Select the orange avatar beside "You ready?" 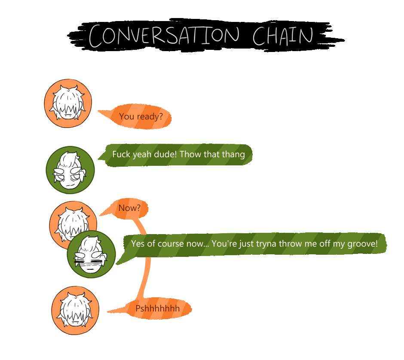coord(68,104)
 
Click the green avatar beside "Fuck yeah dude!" coord(70,170)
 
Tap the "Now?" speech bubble coord(129,208)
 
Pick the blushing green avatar coord(92,254)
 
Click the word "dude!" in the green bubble coord(165,154)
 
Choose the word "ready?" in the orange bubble coord(150,116)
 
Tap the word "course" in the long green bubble coord(177,244)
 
